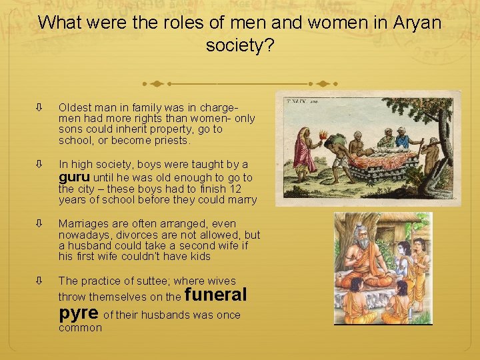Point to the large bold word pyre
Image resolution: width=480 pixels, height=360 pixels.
point(79,313)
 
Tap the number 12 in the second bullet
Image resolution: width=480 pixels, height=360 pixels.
point(247,189)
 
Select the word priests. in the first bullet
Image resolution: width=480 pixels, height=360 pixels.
point(172,141)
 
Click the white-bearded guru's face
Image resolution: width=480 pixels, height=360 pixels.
point(365,235)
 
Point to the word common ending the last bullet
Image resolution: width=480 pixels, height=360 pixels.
point(80,328)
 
